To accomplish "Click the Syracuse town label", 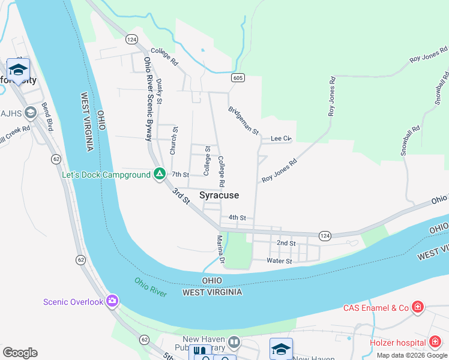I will coord(219,196).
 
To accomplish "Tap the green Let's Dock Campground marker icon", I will coord(159,175).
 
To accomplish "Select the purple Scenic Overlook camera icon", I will coord(112,301).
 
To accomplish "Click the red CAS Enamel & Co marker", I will coord(418,308).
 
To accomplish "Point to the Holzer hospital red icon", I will coord(436,342).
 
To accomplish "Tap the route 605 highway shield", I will coord(237,78).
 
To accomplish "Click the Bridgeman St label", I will coord(243,121).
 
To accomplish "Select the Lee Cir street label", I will coord(281,138).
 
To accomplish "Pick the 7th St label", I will coord(180,175).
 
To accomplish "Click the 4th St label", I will coord(237,217).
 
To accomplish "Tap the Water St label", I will coord(279,261).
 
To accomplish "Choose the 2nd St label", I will coord(286,243).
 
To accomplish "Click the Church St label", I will coord(175,140).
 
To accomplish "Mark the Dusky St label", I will coord(159,92).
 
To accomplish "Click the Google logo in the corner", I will coord(20,353).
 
